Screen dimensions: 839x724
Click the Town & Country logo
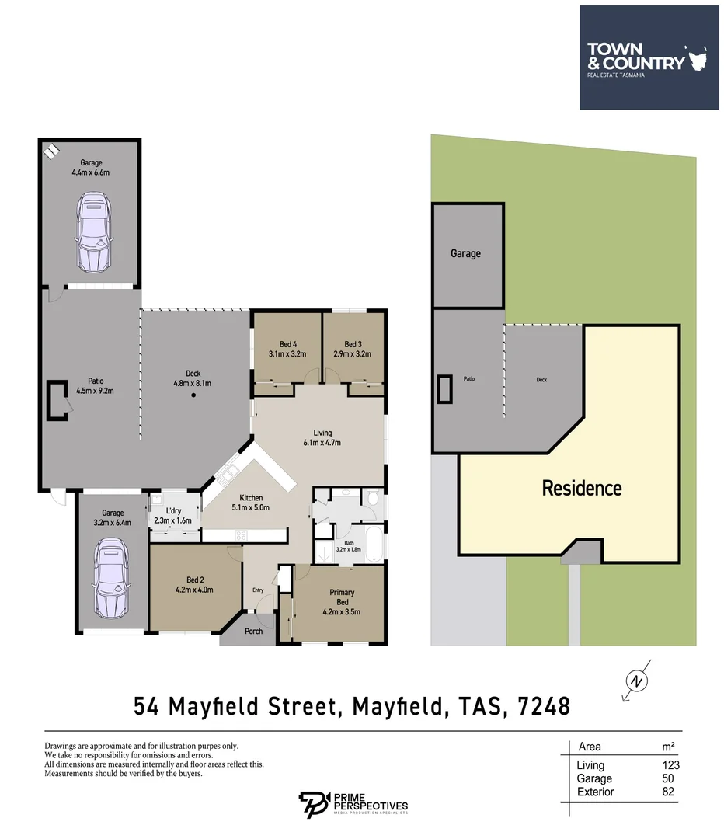637,57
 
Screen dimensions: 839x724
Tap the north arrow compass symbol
637,681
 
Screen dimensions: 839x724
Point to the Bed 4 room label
287,349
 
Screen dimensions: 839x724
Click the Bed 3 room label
353,349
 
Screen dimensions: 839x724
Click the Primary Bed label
342,597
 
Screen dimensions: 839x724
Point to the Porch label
253,632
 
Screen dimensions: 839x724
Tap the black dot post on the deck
193,396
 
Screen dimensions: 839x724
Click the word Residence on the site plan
581,488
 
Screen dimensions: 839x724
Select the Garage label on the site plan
465,253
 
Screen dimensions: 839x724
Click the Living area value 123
665,765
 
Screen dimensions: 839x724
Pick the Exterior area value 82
667,792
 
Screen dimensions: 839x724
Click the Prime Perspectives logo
353,805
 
